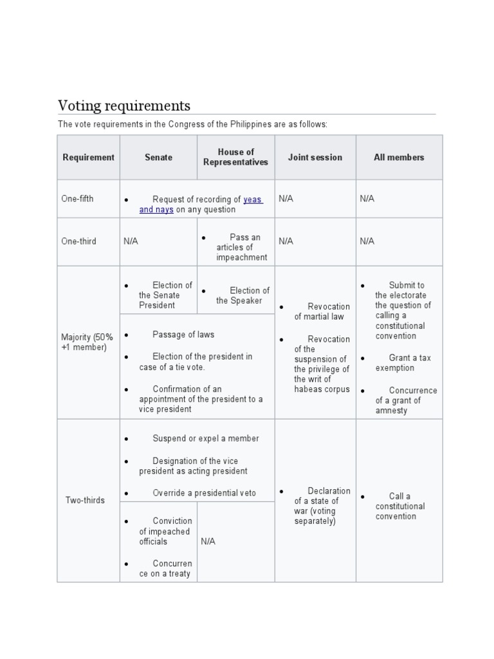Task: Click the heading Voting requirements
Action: tap(124, 105)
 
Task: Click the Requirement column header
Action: tap(88, 157)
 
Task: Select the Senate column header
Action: tap(158, 157)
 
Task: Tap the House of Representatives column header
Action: tap(235, 157)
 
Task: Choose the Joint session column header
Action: tap(315, 157)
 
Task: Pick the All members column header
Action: tap(399, 157)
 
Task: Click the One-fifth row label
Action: tap(77, 199)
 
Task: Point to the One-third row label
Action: tap(78, 241)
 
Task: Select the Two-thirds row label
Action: tap(85, 500)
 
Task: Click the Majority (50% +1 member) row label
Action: tap(87, 342)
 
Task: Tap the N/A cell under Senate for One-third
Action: tap(131, 241)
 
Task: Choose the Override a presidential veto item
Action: tap(204, 493)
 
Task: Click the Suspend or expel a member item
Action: tap(205, 438)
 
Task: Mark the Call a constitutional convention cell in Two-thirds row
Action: tap(399, 506)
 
